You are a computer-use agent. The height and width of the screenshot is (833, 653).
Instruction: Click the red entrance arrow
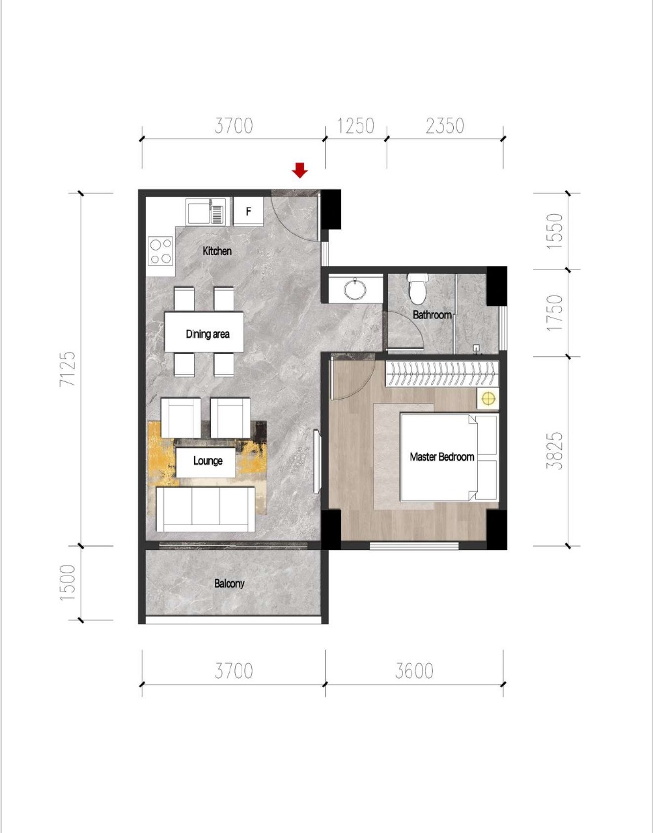(x=299, y=171)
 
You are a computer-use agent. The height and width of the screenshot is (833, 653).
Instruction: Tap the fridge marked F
(x=249, y=212)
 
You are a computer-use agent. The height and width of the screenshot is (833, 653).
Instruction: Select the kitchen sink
(x=208, y=212)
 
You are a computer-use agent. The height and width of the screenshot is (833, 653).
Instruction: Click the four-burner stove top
(x=161, y=251)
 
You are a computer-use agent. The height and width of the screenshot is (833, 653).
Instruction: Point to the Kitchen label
(x=217, y=251)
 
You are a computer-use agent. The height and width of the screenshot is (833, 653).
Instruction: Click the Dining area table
(x=204, y=332)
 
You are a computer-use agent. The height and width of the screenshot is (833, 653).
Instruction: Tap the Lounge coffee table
(x=206, y=462)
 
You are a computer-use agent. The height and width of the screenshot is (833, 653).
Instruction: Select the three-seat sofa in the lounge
(x=206, y=509)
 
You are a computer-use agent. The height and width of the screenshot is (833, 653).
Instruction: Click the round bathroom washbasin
(x=355, y=290)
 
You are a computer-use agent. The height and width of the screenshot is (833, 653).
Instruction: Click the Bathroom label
(x=432, y=315)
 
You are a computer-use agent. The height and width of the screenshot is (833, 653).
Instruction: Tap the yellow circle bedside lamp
(x=488, y=399)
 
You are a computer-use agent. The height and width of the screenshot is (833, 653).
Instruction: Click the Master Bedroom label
(x=441, y=457)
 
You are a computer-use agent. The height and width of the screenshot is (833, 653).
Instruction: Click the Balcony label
(x=229, y=584)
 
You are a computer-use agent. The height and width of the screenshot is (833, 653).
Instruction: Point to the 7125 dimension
(x=68, y=368)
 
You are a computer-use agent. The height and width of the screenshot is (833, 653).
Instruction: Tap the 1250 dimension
(x=355, y=126)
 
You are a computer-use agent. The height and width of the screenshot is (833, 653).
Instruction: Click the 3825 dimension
(x=555, y=451)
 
